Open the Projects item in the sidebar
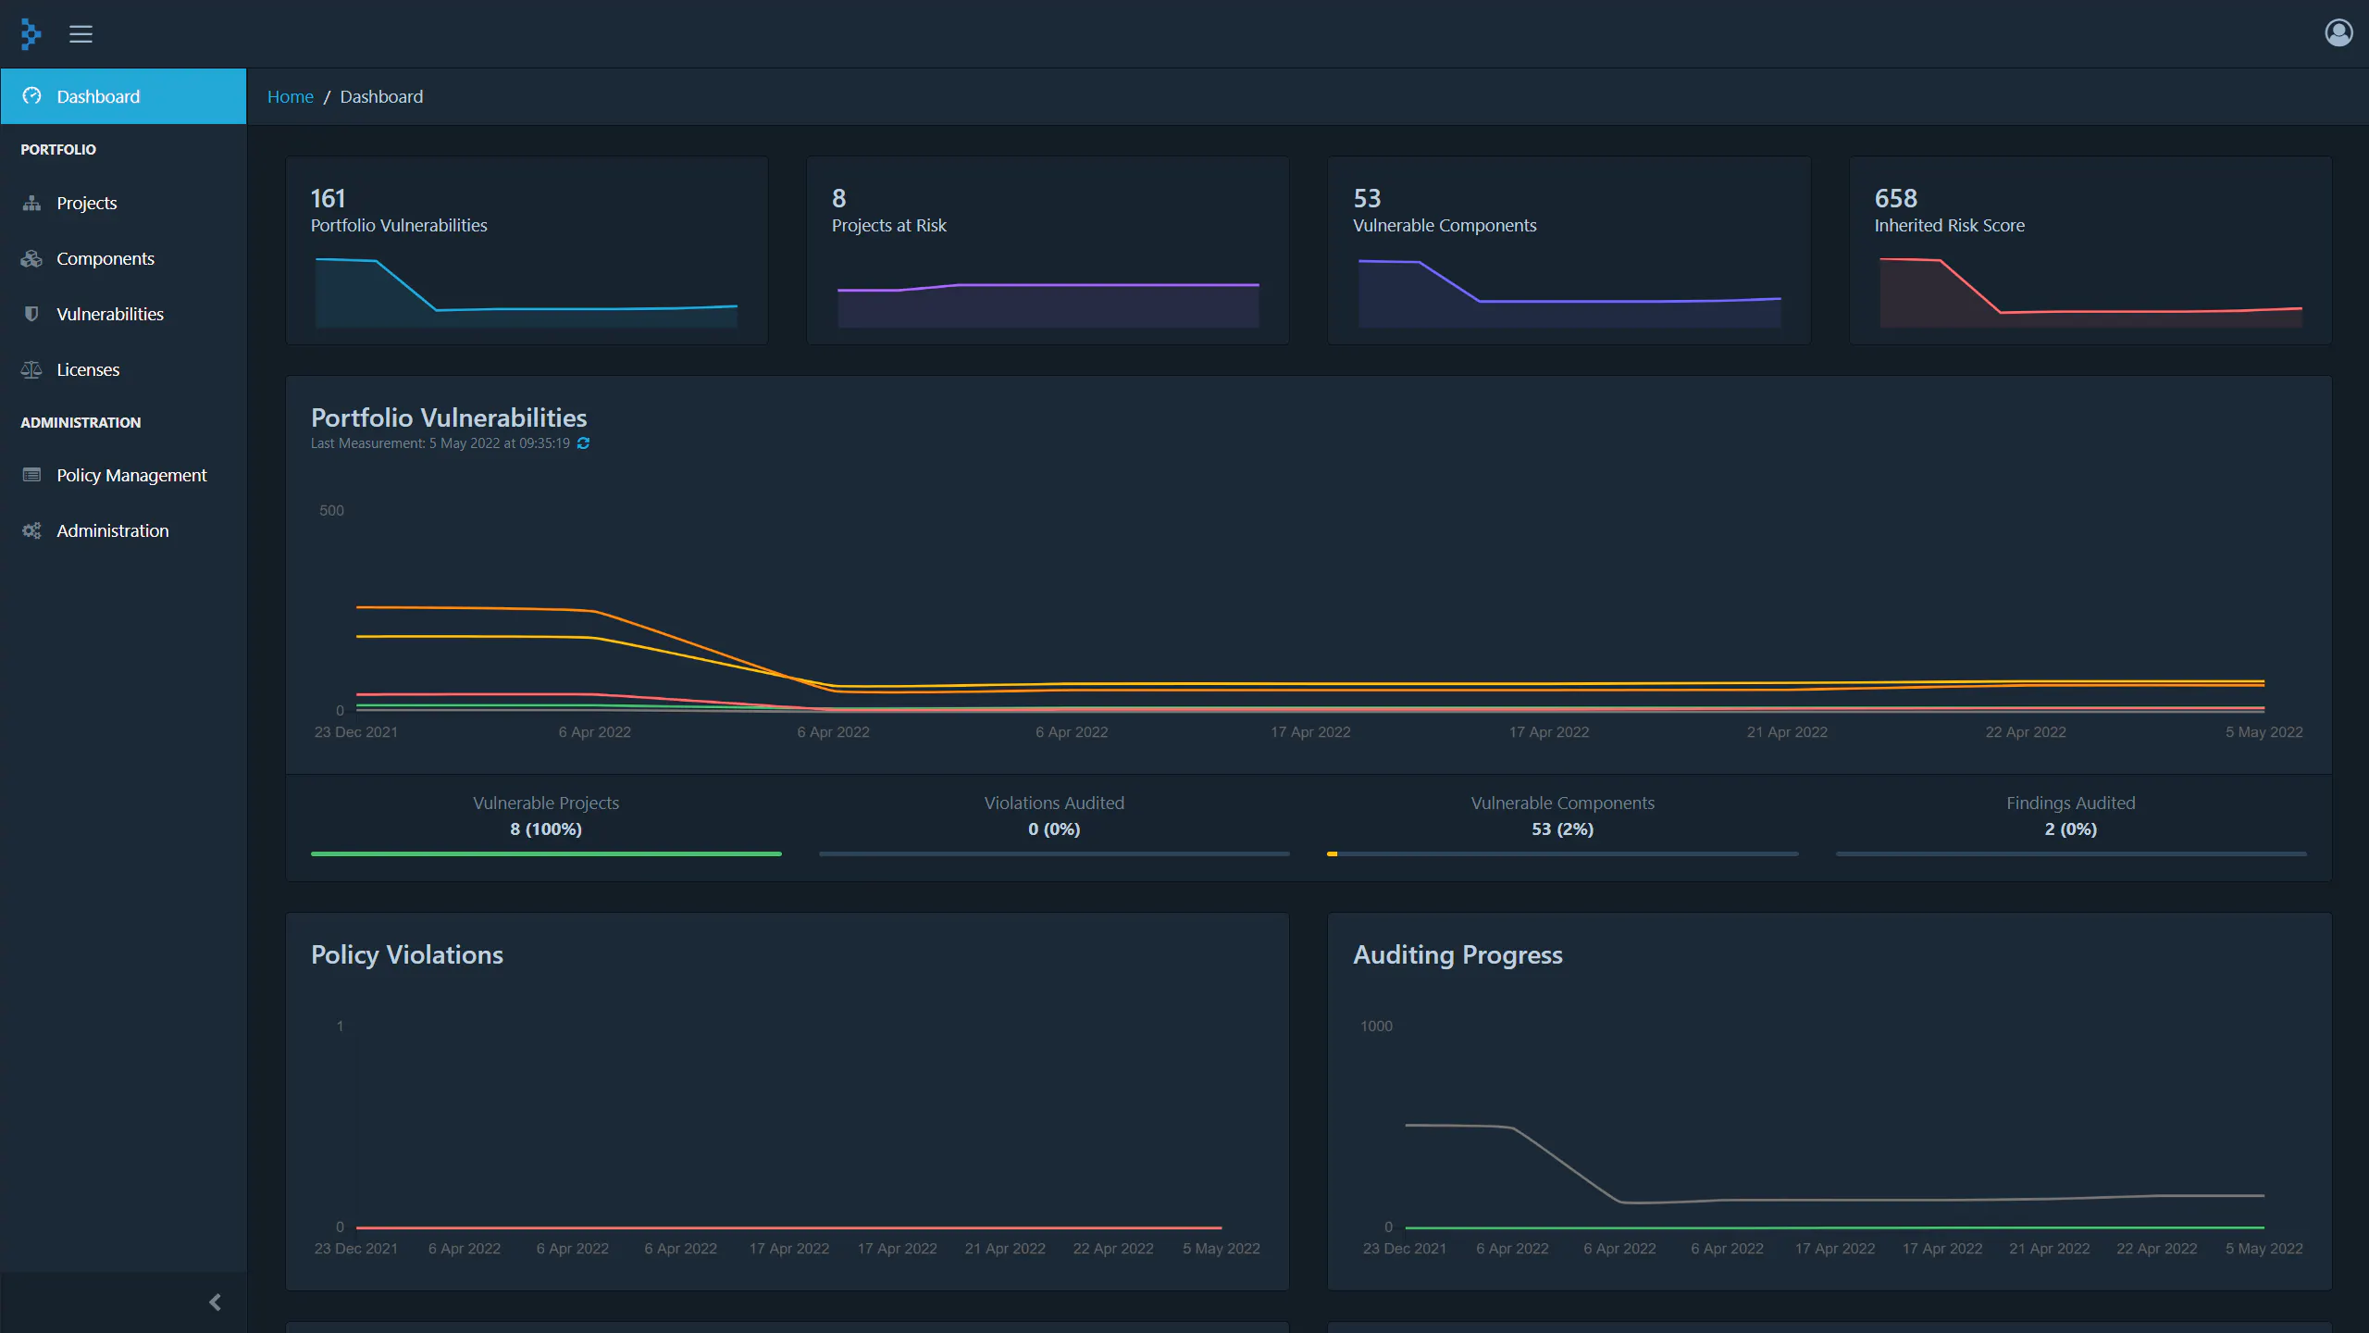[86, 203]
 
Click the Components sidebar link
[105, 258]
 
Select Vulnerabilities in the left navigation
[109, 314]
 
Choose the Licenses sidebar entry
[88, 369]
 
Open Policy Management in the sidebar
[131, 475]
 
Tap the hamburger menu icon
[81, 34]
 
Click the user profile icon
[2338, 33]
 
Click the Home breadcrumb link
[290, 96]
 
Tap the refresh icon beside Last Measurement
[583, 443]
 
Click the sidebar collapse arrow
[215, 1302]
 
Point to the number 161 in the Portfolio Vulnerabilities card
[328, 198]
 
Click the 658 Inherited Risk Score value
[1895, 198]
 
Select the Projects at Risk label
[888, 225]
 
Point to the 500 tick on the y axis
[331, 510]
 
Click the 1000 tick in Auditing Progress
[1376, 1026]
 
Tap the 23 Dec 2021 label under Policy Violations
[355, 1248]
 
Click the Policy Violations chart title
[407, 954]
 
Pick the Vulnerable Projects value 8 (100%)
[546, 828]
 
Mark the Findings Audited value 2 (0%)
[2071, 828]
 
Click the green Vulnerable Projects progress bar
[546, 853]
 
